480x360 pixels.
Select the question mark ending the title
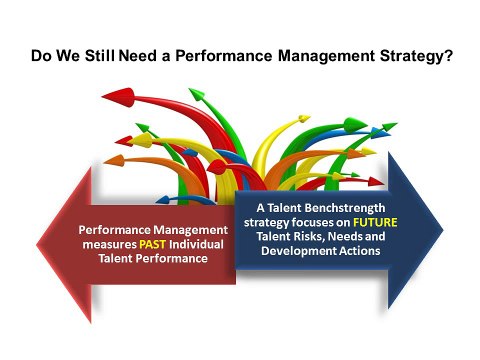pos(452,57)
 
